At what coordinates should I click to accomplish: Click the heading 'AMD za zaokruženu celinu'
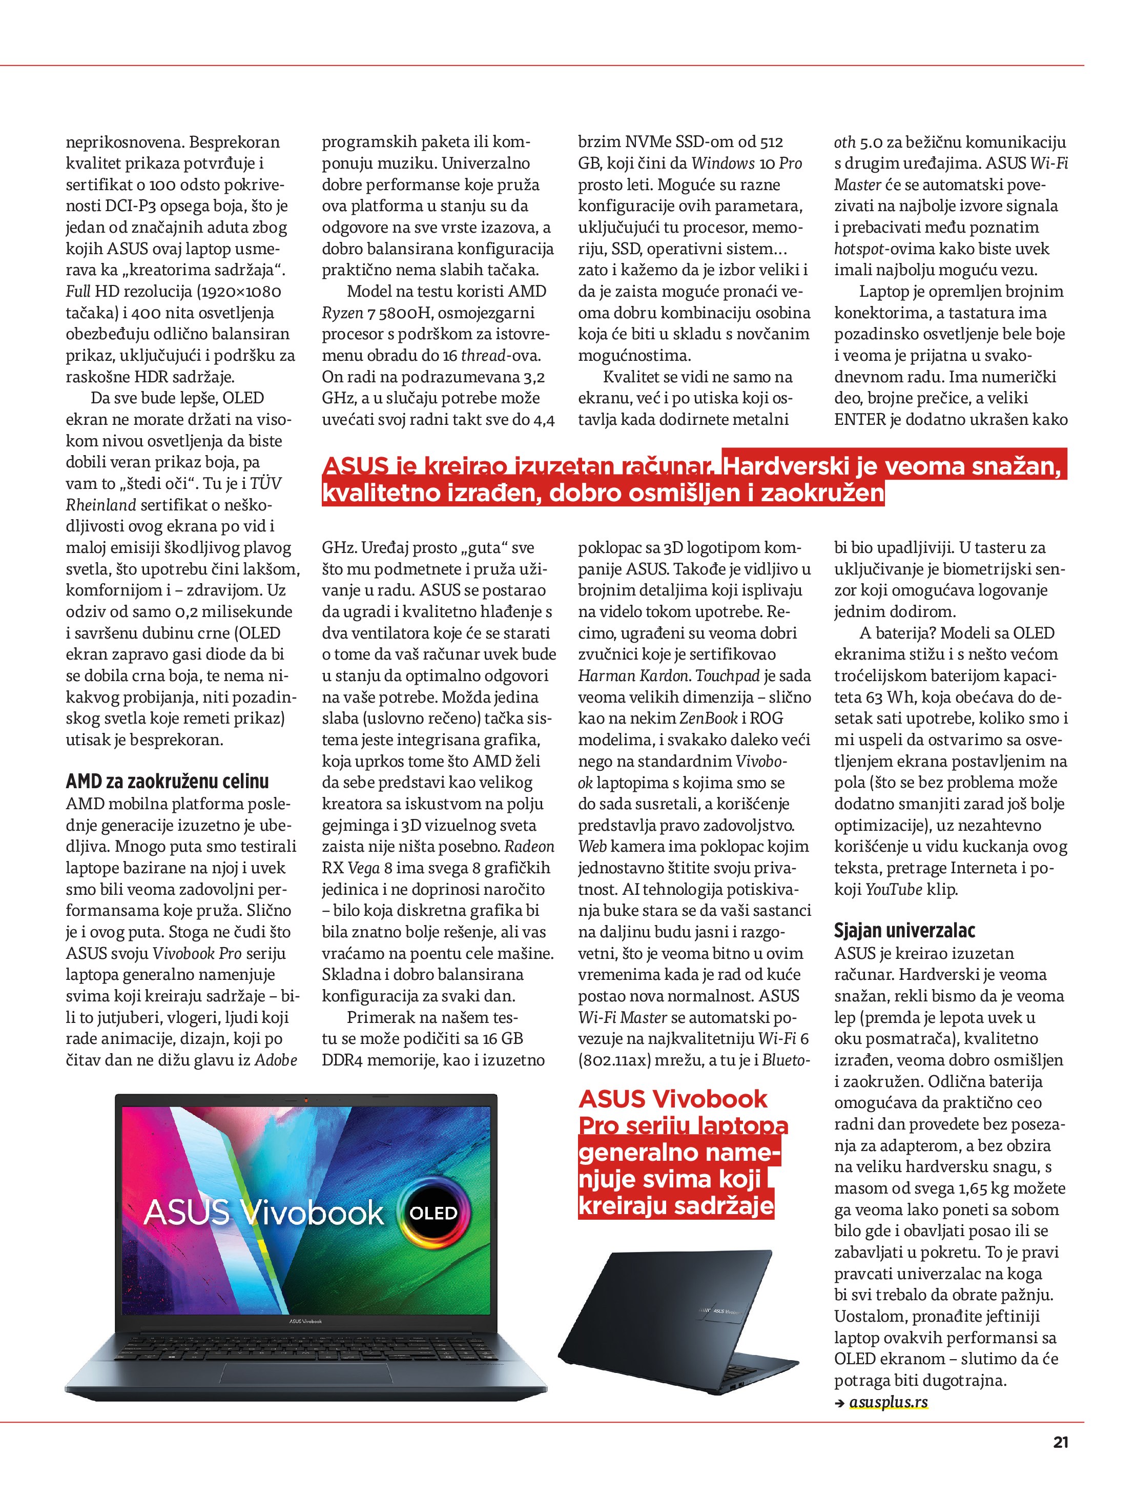pos(167,782)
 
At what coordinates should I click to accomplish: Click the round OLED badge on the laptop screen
pos(433,1213)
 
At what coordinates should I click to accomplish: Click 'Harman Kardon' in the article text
pos(634,676)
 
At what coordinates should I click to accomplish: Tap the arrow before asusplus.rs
pos(840,1403)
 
